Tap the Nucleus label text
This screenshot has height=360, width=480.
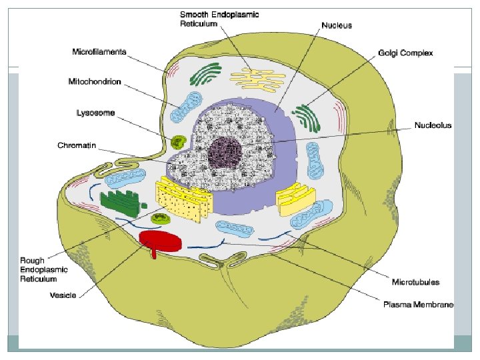(337, 25)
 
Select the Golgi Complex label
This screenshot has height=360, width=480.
(406, 51)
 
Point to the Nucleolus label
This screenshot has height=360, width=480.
(433, 125)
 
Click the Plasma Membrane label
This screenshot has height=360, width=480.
(418, 305)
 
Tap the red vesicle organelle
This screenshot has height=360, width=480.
(160, 241)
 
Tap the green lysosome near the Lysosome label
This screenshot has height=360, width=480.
(178, 141)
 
